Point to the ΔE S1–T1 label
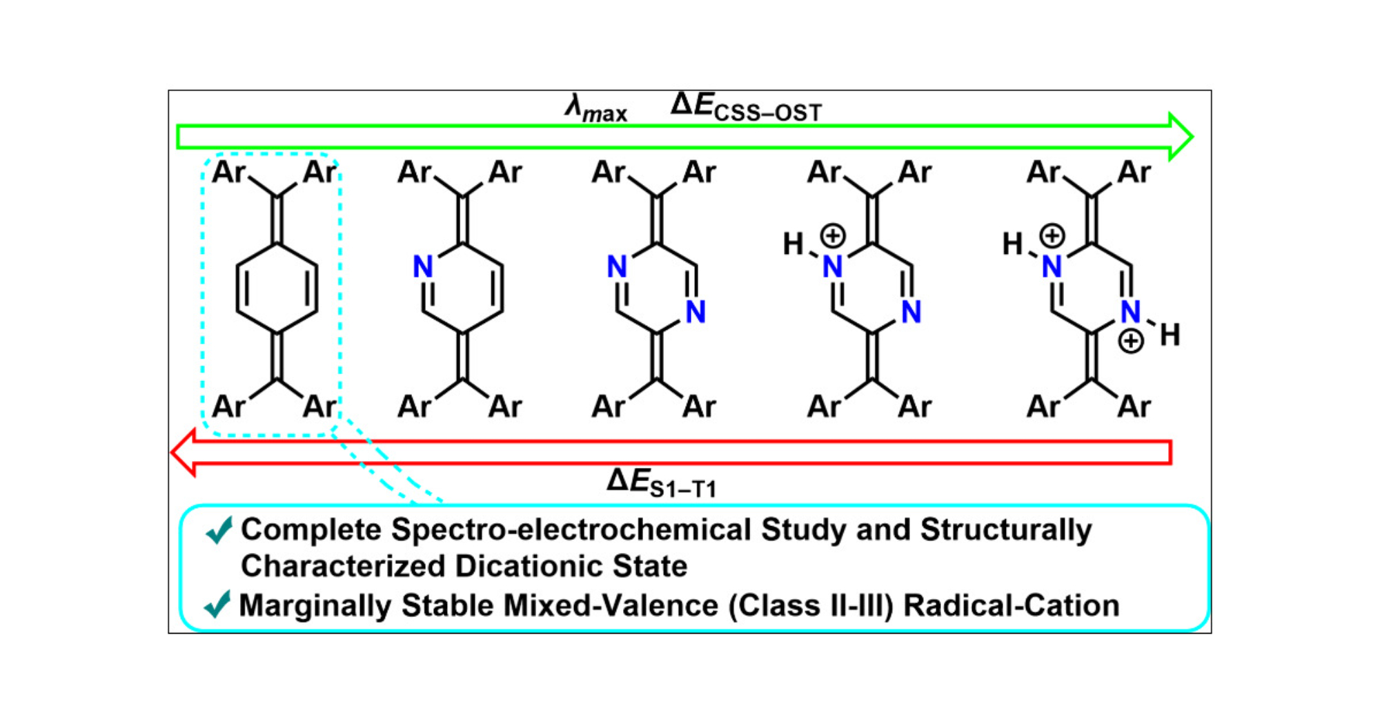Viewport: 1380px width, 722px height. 661,482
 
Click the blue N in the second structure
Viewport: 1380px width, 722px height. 423,266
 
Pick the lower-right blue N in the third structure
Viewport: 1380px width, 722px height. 696,312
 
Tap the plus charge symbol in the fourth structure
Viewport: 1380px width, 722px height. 833,236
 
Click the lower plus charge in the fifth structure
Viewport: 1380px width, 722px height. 1131,341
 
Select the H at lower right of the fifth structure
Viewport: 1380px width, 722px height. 1170,335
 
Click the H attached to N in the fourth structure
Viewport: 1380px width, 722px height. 793,244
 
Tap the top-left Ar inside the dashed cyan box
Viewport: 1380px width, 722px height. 228,172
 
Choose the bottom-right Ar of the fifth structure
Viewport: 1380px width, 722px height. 1134,407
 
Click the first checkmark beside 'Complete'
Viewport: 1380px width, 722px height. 219,530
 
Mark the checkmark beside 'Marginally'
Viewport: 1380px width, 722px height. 217,605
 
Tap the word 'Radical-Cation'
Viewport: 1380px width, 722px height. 1011,605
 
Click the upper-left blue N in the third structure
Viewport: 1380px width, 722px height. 617,266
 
